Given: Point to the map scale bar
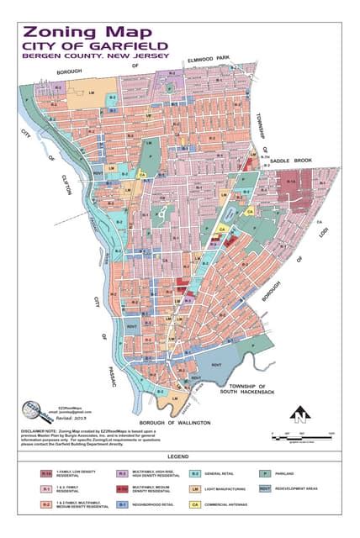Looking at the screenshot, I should [x=303, y=437].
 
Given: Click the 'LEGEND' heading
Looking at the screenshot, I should [x=179, y=457].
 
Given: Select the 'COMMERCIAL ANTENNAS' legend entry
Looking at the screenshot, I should [x=220, y=504].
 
